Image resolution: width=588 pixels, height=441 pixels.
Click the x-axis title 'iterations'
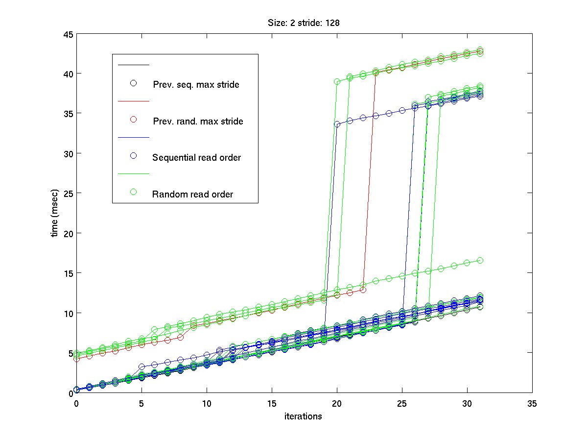(304, 416)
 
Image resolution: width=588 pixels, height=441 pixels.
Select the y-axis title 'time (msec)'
(55, 213)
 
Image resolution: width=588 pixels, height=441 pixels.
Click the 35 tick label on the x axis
(532, 403)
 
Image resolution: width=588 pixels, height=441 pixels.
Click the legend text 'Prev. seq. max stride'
(196, 85)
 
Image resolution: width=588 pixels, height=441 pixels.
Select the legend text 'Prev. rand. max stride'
(198, 121)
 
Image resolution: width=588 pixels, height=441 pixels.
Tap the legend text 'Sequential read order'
(196, 158)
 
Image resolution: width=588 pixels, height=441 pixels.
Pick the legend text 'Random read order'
(192, 194)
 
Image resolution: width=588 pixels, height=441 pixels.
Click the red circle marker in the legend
(133, 119)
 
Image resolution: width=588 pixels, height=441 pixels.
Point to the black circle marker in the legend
(133, 83)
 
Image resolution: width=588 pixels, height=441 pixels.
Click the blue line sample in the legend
(133, 137)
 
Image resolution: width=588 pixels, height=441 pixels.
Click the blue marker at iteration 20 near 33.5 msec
(337, 124)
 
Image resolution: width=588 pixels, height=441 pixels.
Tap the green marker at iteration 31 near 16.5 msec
(480, 260)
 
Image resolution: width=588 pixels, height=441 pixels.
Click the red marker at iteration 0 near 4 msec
(76, 359)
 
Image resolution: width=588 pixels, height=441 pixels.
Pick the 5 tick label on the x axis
(141, 403)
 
